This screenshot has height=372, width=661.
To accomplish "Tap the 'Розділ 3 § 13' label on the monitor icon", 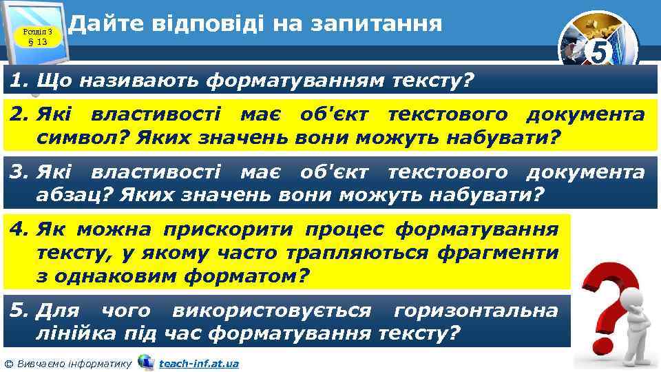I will (33, 37).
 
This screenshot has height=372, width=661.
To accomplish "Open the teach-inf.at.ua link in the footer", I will (198, 363).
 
